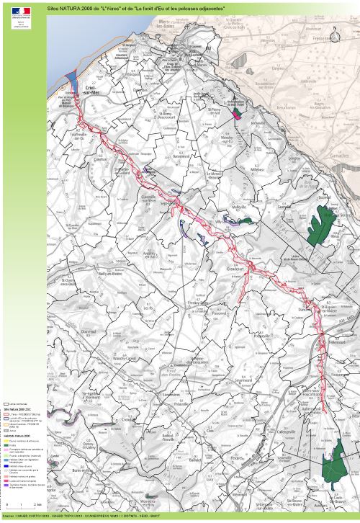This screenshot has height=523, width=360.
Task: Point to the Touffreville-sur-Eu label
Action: pos(77,136)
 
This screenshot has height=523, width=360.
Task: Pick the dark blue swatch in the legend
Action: pos(6,465)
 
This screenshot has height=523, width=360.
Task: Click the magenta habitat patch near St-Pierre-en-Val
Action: pos(239,114)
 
